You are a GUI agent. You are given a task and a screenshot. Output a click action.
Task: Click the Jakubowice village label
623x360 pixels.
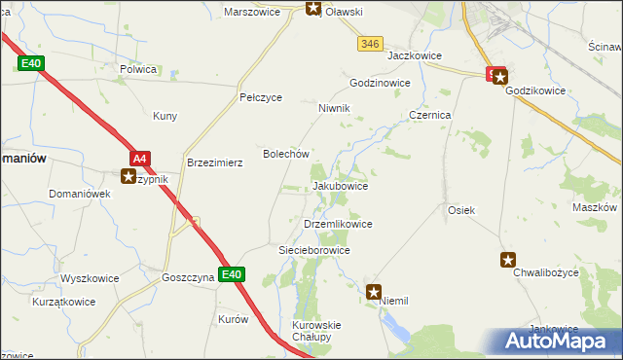(340, 186)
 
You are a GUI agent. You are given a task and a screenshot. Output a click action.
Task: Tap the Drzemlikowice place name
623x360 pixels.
(338, 224)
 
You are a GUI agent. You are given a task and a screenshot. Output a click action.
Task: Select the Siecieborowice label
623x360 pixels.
(314, 250)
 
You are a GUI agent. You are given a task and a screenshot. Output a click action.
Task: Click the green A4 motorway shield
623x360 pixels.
(140, 158)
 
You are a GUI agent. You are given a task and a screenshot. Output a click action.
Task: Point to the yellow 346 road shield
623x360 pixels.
(369, 44)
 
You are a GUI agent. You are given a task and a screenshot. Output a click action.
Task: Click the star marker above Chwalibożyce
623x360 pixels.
(508, 260)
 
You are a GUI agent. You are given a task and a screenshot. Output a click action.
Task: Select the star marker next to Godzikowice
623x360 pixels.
(497, 74)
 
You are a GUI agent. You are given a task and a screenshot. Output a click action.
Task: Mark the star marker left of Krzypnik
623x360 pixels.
(128, 177)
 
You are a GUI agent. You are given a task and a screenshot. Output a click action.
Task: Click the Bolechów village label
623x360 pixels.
(286, 154)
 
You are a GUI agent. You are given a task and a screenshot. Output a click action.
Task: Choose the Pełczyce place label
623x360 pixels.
(261, 98)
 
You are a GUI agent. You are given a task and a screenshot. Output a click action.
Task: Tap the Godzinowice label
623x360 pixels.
(380, 84)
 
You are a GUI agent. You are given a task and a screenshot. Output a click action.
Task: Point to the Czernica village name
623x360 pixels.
(429, 114)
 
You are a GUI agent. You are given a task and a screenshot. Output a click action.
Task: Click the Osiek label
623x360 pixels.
(460, 210)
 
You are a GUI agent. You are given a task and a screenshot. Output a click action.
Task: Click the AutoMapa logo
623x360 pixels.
(556, 341)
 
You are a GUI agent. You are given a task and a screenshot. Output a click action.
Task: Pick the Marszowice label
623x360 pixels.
(252, 13)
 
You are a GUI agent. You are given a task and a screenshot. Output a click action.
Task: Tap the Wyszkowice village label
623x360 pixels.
(90, 278)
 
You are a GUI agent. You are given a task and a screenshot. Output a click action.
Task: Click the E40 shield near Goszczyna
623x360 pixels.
(231, 275)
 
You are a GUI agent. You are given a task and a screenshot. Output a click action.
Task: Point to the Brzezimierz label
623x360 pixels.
(214, 163)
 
